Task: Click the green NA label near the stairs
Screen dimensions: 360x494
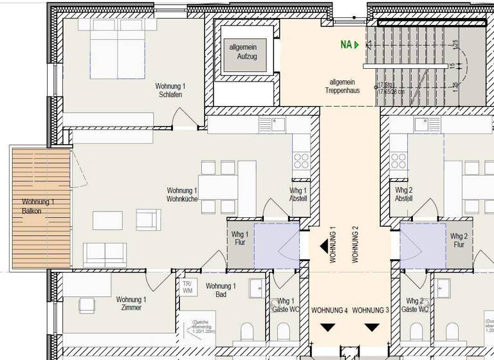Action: coord(347,45)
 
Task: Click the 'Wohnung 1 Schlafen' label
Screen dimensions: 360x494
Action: coord(170,91)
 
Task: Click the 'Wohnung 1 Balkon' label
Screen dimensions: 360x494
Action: coord(38,206)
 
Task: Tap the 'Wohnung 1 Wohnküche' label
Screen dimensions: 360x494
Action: coord(181,195)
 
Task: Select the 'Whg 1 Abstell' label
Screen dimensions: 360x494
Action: coord(298,194)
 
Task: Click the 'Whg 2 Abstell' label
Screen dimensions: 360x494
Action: coord(404,194)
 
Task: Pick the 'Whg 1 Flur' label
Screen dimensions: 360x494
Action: coord(239,239)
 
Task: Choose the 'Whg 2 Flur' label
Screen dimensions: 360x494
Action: coord(459,240)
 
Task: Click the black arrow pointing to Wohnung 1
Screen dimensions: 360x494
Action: coord(324,245)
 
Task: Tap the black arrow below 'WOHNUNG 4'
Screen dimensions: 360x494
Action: coord(329,327)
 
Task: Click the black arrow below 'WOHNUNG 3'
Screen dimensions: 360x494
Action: coord(372,327)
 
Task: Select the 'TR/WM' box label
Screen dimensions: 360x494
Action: coord(187,287)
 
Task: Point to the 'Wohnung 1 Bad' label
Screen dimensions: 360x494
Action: coord(221,291)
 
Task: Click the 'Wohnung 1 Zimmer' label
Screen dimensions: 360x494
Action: coord(131,303)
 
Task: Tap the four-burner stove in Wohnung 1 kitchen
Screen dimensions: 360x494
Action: coord(301,159)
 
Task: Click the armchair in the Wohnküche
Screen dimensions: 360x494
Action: coord(146,220)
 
